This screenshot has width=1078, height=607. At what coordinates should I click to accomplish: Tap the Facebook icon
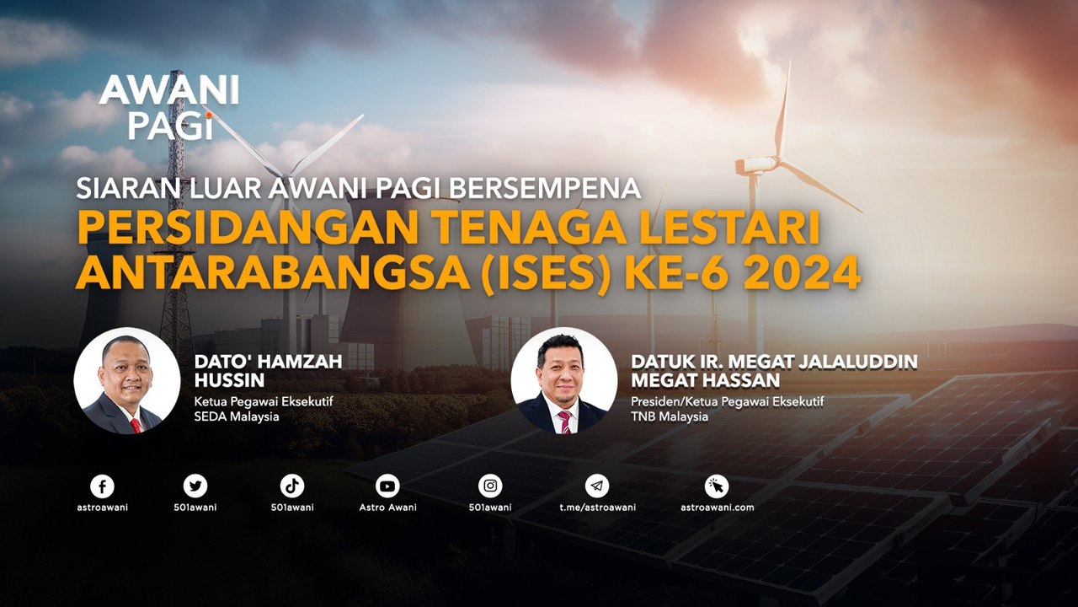(x=102, y=486)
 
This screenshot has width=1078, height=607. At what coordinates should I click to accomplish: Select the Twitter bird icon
(x=195, y=486)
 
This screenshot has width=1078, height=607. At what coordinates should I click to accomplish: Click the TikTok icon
(x=292, y=486)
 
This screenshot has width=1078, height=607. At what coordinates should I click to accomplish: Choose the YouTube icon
(x=387, y=486)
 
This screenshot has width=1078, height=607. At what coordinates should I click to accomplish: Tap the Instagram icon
(x=490, y=486)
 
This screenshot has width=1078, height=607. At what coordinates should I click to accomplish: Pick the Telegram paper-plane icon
(x=597, y=486)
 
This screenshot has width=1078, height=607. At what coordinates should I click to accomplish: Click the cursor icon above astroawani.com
(x=717, y=486)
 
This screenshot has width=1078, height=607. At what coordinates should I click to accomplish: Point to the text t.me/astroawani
(x=597, y=508)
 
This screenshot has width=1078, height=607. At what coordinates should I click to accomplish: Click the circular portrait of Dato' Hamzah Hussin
(x=126, y=380)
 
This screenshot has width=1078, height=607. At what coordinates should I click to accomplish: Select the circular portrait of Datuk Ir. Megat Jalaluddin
(x=563, y=380)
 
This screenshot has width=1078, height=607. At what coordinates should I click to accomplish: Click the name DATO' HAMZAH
(x=268, y=361)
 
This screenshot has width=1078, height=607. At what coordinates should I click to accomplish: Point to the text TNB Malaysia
(x=670, y=416)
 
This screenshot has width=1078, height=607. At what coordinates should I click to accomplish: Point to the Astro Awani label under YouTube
(x=387, y=508)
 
